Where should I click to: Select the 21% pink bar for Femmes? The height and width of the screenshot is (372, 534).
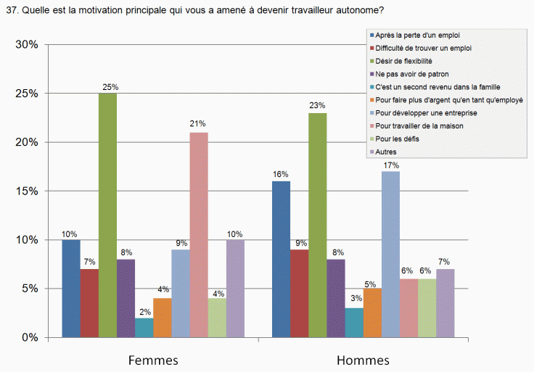(198, 235)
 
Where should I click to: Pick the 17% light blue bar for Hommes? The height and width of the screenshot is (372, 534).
(390, 255)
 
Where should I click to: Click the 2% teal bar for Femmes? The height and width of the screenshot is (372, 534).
(144, 328)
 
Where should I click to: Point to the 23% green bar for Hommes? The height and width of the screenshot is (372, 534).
(317, 225)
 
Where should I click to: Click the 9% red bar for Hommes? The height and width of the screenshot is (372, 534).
(299, 294)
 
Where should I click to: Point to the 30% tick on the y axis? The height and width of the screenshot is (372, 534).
(27, 45)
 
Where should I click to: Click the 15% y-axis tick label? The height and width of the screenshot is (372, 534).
(27, 191)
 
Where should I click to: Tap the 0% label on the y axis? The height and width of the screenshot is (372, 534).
(30, 338)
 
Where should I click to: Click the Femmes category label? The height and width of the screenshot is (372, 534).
(153, 360)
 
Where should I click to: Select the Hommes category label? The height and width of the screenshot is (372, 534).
(363, 360)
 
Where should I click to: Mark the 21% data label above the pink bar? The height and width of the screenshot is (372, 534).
(198, 125)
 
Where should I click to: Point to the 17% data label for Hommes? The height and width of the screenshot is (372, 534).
(391, 165)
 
